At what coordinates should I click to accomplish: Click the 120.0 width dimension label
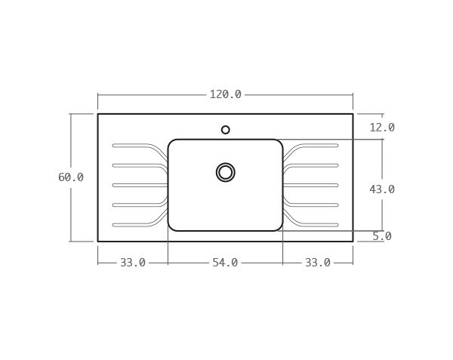225,94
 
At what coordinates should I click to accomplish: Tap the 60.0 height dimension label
71,177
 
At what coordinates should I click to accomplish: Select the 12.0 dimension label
382,128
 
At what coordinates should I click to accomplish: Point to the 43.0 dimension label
382,189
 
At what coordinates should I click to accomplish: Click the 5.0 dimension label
382,236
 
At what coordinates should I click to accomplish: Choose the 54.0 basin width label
225,263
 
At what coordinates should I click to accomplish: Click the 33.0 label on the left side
133,263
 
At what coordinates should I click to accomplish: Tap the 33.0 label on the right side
318,263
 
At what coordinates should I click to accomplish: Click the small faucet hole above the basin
226,130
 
